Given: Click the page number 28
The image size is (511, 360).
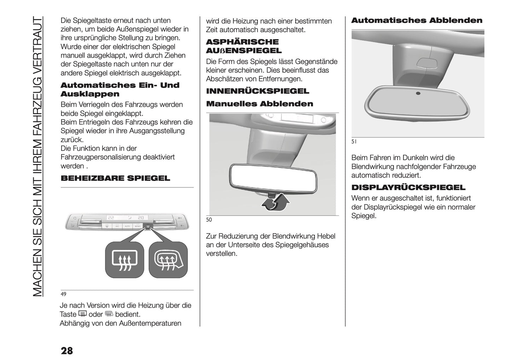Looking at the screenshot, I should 67,350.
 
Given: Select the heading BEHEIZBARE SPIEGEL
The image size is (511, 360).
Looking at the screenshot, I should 115,178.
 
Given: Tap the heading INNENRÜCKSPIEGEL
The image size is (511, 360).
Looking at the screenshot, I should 257,91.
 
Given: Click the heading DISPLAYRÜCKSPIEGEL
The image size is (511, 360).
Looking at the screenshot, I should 408,187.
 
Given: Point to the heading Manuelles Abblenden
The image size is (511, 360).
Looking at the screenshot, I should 259,104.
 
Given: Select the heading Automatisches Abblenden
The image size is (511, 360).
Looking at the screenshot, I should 417,21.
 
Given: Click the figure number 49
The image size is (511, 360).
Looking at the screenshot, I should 63,294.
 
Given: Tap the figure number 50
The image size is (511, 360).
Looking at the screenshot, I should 209,220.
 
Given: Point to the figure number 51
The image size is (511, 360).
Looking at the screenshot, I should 354,141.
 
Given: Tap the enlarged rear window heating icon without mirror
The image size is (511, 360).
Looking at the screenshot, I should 124,260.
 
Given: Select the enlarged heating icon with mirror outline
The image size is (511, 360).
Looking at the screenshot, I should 168,260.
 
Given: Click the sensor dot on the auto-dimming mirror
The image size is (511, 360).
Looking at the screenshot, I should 418,93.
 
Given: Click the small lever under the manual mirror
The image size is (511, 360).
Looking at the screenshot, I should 272,195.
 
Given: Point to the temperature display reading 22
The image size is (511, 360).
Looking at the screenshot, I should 111,218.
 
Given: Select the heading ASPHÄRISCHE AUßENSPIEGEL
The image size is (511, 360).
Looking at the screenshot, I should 244,46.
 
